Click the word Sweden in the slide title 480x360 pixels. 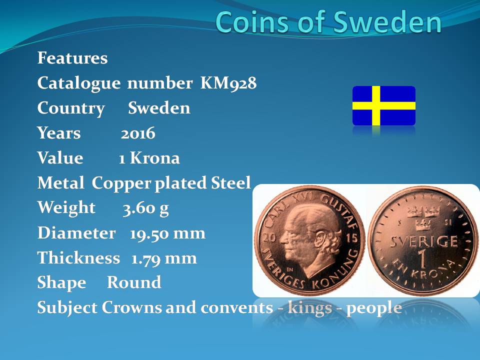pos(387,22)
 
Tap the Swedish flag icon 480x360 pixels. pos(384,105)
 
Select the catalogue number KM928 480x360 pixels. pos(228,83)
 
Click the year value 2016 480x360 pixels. pos(138,133)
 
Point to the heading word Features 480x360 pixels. pos(72,58)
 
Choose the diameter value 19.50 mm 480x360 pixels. pos(167,233)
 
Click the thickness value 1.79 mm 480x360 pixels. pos(164,258)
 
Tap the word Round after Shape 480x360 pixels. pos(134,282)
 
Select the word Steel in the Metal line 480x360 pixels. pos(231,183)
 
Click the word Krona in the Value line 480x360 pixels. pos(155,158)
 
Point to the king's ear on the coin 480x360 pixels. pos(321,237)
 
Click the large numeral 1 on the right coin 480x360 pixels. pos(422,258)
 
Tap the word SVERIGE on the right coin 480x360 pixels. pos(424,242)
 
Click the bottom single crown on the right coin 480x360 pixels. pos(423,224)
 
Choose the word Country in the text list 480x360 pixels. pos(71,108)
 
